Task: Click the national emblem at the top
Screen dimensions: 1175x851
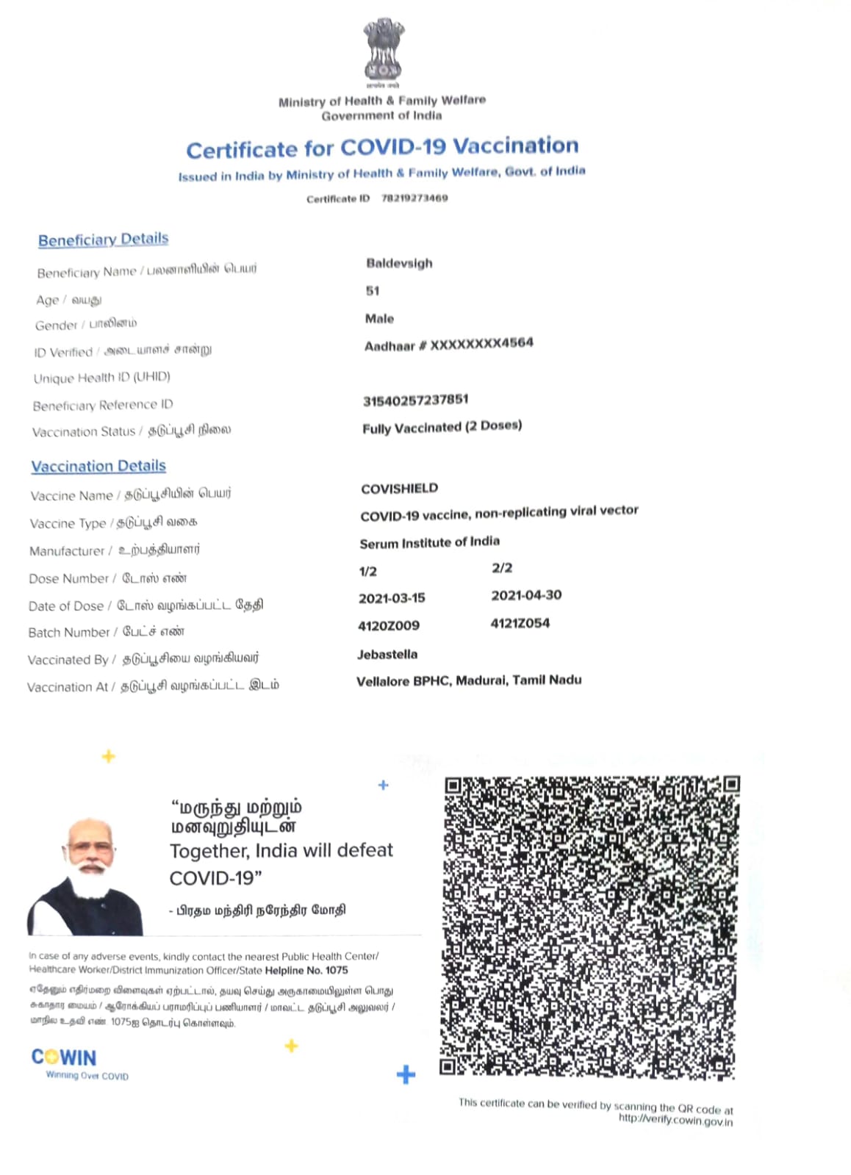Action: [383, 50]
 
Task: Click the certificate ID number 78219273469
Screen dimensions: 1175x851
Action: [414, 198]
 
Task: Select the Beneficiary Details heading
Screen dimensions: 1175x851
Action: [103, 240]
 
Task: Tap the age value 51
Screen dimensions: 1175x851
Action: [373, 291]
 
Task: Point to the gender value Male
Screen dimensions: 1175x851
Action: [379, 318]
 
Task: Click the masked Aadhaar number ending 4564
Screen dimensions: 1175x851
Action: [449, 344]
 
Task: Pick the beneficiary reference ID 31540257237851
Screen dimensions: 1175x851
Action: [415, 400]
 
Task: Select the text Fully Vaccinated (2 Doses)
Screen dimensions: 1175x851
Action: [442, 427]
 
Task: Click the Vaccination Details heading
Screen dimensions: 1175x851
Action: [98, 466]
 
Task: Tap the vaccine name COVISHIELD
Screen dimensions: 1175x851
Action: [399, 489]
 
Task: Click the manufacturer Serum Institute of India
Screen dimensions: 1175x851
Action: [429, 542]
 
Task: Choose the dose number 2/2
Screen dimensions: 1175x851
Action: [502, 568]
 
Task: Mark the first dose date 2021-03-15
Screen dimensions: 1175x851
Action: [392, 598]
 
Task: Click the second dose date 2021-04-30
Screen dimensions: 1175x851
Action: [526, 595]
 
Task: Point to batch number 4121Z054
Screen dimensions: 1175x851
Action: [520, 623]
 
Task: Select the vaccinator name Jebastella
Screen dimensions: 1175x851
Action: [387, 654]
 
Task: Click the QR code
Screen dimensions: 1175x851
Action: [590, 926]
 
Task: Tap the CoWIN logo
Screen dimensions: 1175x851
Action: [64, 1057]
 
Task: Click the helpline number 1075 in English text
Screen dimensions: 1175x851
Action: [337, 970]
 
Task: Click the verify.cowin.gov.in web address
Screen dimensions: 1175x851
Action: [675, 1120]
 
